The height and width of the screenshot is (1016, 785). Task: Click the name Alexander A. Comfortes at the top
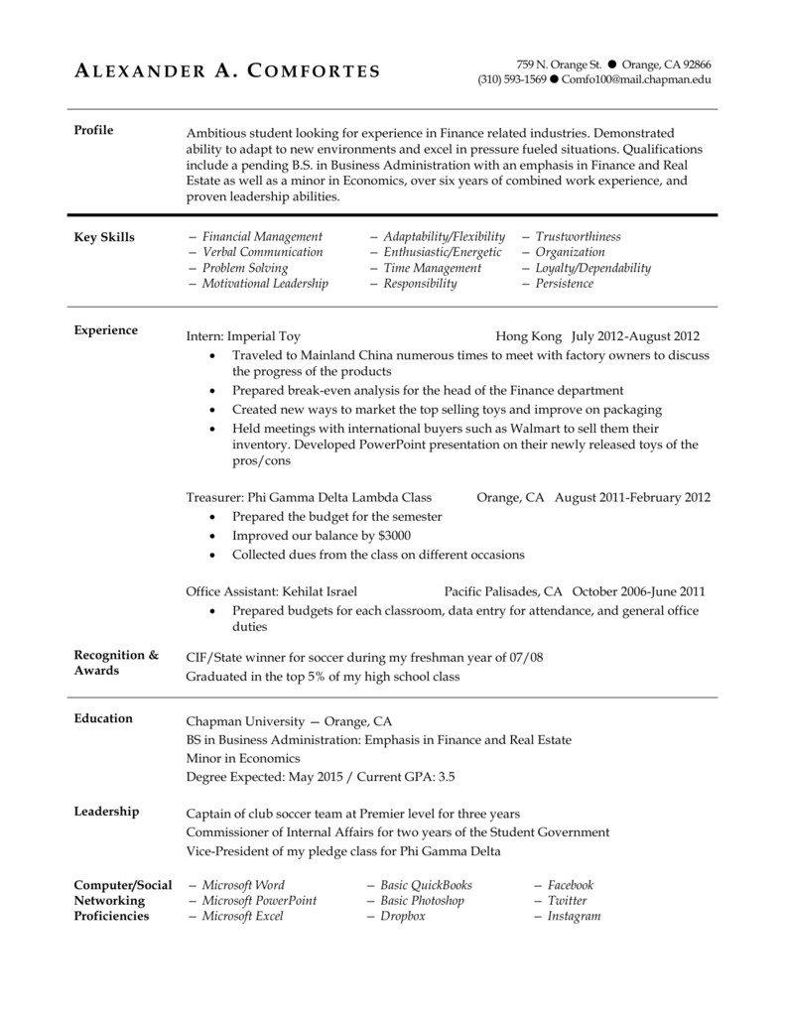tap(227, 70)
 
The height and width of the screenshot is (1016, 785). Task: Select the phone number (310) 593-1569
tap(511, 79)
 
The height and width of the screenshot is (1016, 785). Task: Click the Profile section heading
tap(94, 131)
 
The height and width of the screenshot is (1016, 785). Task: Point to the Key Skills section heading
tap(104, 237)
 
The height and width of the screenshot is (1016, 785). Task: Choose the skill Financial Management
tap(261, 237)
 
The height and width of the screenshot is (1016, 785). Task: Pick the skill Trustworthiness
tap(578, 237)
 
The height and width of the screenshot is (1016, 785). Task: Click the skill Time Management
tap(432, 268)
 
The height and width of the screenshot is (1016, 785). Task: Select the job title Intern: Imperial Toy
tap(243, 336)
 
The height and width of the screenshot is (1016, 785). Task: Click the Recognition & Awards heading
tap(116, 663)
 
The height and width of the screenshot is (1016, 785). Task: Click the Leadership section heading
tap(106, 812)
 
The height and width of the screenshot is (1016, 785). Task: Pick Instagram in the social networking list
tap(574, 917)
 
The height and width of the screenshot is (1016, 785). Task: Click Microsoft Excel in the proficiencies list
tap(242, 917)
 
